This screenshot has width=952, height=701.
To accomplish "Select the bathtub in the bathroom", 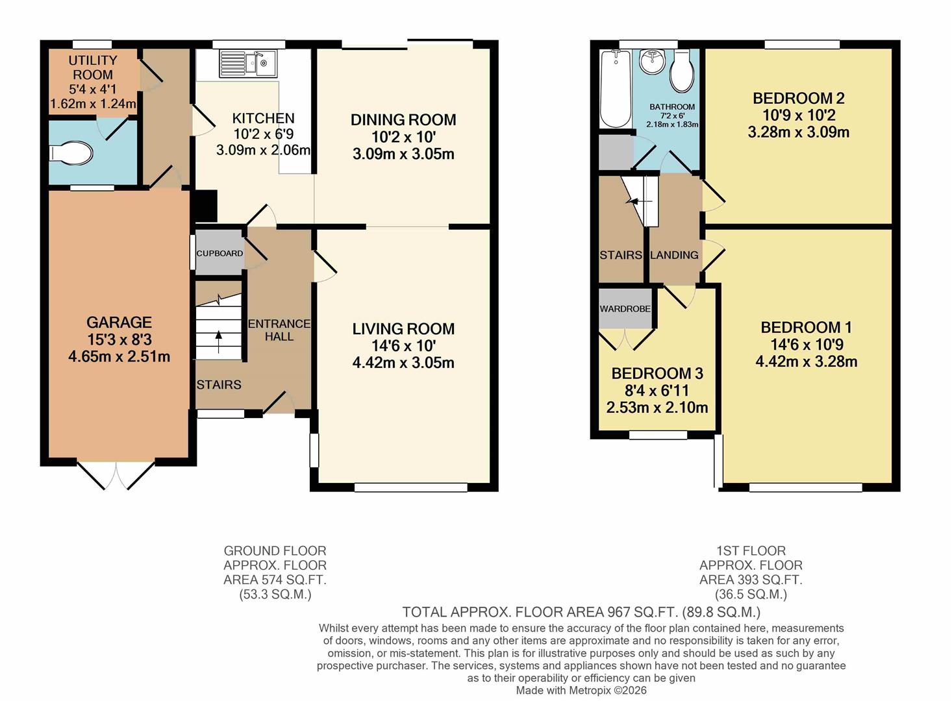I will tap(614, 89).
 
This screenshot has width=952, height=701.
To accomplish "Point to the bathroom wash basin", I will tap(652, 62).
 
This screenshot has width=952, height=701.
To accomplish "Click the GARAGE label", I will tap(119, 322).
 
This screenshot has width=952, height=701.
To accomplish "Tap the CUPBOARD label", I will tap(219, 253).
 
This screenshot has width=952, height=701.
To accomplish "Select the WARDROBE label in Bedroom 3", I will tap(625, 308).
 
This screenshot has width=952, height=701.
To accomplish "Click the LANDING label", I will tap(674, 255).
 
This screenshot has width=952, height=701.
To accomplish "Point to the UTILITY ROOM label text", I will tap(93, 68).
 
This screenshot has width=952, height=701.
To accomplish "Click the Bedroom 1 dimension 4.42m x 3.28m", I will tap(806, 362).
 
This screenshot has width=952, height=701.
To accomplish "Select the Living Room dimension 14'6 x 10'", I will tap(403, 346).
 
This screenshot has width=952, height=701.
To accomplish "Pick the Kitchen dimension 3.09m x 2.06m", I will tap(263, 150).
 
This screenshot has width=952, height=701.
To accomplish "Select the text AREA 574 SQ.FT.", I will tap(275, 580).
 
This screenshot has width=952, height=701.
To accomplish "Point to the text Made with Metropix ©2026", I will tap(581, 690).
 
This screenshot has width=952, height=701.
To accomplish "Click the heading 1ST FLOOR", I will tap(751, 550).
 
